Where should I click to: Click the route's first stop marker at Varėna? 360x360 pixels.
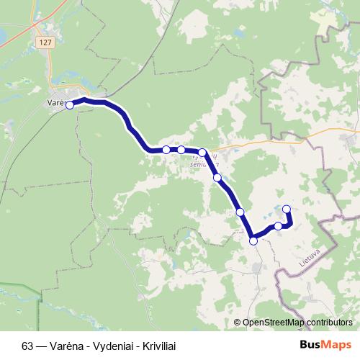click(x=70, y=105)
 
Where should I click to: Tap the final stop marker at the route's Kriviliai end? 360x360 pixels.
click(x=287, y=209)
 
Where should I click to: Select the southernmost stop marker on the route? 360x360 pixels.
click(x=253, y=240)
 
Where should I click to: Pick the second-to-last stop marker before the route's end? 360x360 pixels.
click(x=278, y=226)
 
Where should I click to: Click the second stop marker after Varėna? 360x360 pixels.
click(x=166, y=150)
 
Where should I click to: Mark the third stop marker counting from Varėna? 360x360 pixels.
click(x=181, y=150)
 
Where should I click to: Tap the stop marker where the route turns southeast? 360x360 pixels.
click(x=203, y=153)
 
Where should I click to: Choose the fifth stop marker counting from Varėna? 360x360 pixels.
click(x=217, y=177)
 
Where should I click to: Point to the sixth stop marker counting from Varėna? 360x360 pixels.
click(x=240, y=212)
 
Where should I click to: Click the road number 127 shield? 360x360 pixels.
click(x=47, y=42)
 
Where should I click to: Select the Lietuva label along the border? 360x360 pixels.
click(x=307, y=258)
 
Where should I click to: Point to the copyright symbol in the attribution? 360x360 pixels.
click(x=238, y=323)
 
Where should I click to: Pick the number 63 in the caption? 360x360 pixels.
click(x=27, y=346)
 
